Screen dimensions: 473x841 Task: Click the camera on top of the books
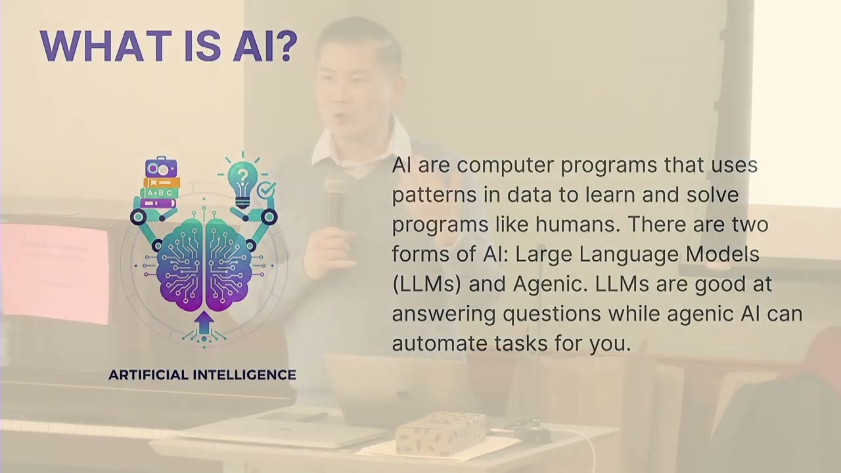pos(161,168)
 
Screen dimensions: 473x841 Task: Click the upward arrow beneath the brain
pos(204,323)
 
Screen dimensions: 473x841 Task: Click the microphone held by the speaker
pos(334,197)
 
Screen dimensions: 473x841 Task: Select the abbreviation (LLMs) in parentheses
pos(426,284)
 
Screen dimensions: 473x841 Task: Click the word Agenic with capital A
pos(551,284)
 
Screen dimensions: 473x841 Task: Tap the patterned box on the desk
pos(441,433)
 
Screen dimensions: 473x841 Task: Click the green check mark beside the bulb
pos(266,191)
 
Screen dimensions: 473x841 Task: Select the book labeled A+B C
pos(160,193)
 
